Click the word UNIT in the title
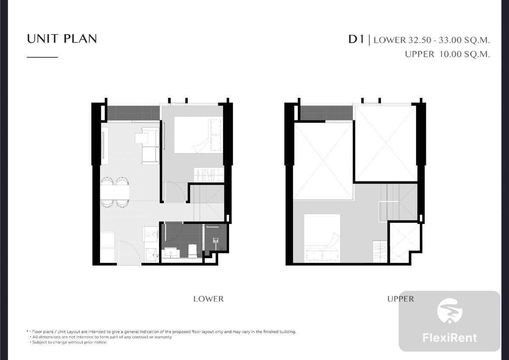pos(43,39)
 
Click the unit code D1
pos(356,39)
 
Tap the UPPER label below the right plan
pos(400,299)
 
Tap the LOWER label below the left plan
pos(208,299)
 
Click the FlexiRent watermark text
pos(450,338)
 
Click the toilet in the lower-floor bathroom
pos(192,251)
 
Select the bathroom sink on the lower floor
pos(171,253)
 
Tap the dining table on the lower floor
pos(115,193)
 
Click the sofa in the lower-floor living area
pos(151,146)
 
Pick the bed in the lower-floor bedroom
pos(198,135)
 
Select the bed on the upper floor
pos(322,238)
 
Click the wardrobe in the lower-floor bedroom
pos(209,175)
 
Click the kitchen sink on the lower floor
pos(151,255)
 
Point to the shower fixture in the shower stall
pos(215,240)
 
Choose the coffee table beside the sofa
pos(141,138)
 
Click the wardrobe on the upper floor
pos(380,251)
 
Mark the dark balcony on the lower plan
pos(133,113)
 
